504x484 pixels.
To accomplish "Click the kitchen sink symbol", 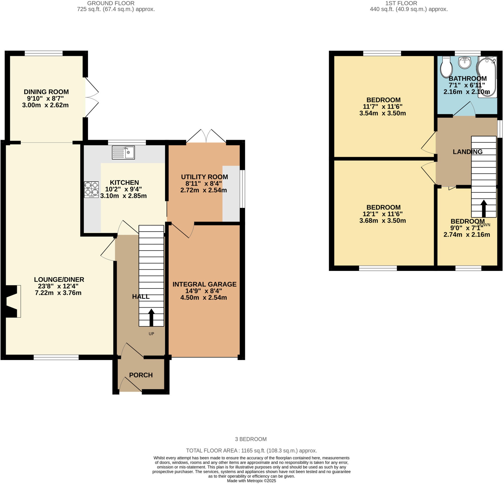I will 124,153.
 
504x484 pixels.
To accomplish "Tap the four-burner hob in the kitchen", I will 91,189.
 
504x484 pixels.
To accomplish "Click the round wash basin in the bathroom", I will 465,63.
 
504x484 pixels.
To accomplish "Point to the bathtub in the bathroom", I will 487,77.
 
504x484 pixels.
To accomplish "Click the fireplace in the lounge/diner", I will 12,301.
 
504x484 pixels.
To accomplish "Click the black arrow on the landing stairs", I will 484,209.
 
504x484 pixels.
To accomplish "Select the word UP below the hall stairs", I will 151,334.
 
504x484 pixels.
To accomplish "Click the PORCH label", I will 141,375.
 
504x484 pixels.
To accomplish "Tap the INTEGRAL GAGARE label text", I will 205,284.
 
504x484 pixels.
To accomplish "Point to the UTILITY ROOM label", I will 205,177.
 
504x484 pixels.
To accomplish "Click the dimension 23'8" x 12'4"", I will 58,286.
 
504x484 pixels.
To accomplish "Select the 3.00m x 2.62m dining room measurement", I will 45,105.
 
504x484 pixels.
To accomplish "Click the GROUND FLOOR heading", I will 110,3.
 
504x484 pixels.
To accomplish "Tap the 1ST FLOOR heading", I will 401,3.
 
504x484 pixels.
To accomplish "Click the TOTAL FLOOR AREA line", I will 251,451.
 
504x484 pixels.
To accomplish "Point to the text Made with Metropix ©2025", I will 251,481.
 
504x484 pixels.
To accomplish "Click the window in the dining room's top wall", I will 44,53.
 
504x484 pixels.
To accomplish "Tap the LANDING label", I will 468,152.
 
